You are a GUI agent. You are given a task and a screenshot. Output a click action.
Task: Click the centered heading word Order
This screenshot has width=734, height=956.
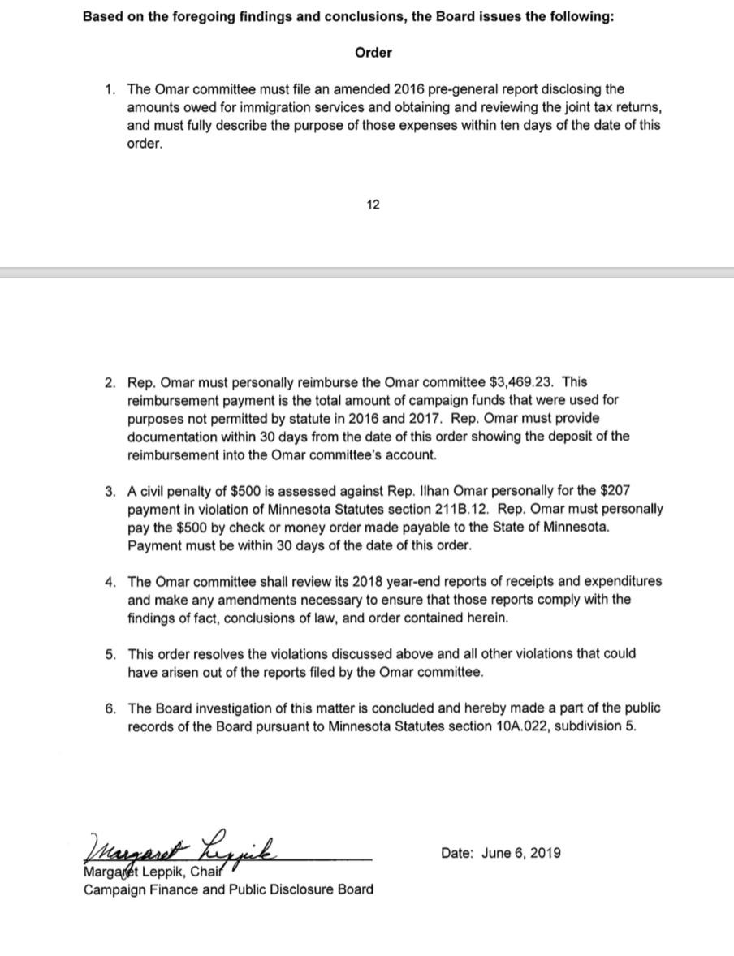(373, 53)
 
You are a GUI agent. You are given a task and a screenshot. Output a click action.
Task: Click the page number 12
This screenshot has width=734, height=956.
(373, 205)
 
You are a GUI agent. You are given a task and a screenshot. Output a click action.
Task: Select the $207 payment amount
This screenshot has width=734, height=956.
(613, 491)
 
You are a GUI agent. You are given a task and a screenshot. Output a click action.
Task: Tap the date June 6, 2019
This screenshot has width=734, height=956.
(520, 853)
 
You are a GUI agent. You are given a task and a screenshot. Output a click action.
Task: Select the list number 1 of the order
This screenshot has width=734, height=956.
(110, 89)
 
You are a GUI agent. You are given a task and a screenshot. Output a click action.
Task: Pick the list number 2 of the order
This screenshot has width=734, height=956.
(110, 381)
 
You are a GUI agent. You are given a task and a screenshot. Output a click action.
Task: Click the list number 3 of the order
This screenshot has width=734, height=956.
(110, 491)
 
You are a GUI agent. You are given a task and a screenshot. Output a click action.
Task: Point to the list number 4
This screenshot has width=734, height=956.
(110, 581)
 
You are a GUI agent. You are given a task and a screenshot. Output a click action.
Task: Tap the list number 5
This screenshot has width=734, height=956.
(110, 653)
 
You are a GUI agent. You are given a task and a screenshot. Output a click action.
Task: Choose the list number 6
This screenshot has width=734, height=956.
(110, 708)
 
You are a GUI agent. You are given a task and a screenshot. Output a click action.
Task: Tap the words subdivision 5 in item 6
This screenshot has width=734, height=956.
(595, 726)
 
